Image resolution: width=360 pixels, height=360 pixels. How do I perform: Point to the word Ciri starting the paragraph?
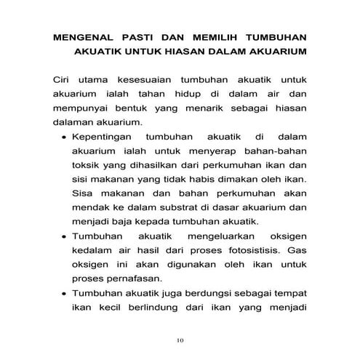[63, 79]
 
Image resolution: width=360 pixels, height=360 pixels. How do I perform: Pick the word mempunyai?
[81, 108]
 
